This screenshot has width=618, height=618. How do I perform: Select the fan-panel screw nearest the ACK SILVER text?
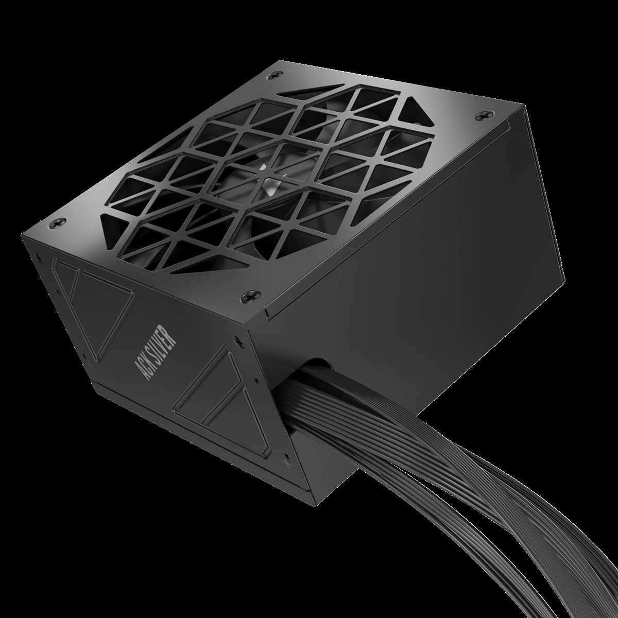click(241, 298)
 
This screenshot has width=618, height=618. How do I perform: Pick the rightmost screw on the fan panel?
click(483, 113)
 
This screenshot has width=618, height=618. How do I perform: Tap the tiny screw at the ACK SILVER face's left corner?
click(37, 254)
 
